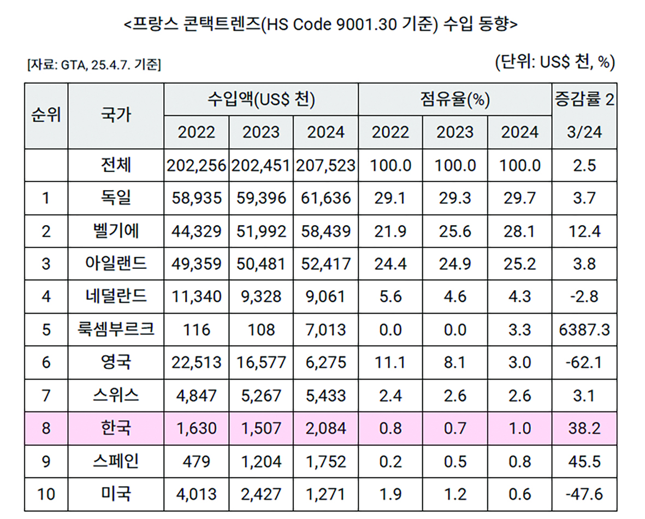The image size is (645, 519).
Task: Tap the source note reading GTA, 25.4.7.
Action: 93,65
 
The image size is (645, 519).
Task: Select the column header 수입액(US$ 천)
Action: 261,100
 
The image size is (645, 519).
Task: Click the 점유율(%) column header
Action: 455,100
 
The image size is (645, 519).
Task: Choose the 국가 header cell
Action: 116,115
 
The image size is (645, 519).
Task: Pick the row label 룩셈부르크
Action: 116,329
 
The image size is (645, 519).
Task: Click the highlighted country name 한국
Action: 116,428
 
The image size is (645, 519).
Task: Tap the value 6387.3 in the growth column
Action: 583,329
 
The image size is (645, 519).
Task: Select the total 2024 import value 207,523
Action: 326,165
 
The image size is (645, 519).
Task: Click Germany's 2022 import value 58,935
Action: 197,198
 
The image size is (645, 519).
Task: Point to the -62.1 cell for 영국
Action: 583,362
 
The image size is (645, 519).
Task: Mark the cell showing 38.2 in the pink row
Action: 583,428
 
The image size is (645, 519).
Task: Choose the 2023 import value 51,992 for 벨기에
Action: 261,231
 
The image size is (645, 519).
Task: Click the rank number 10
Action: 46,494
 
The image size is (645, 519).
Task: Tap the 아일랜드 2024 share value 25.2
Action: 520,263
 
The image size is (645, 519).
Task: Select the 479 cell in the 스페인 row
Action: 197,461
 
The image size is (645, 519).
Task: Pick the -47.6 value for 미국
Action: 583,494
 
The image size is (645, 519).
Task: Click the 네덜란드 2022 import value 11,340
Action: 197,297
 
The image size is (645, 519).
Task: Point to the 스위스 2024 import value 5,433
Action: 326,395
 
